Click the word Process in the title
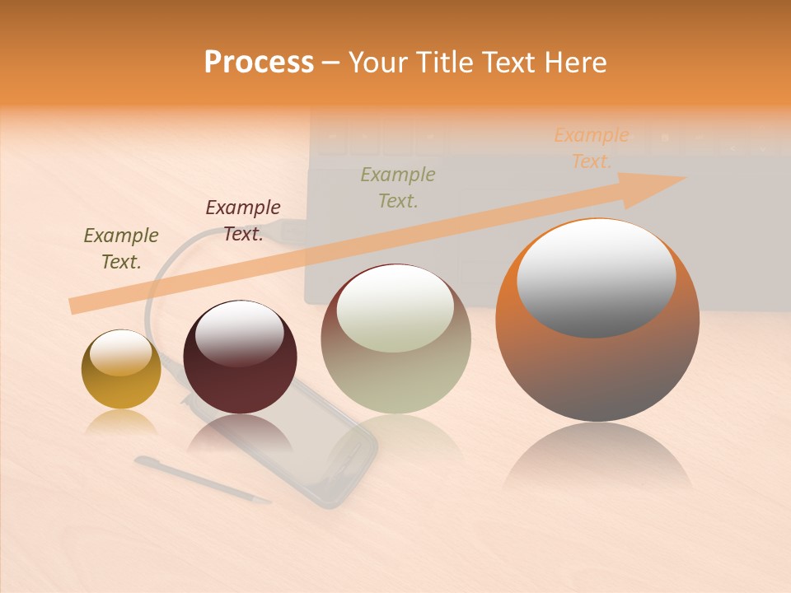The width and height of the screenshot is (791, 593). (x=259, y=62)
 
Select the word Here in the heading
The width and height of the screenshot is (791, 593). (x=573, y=62)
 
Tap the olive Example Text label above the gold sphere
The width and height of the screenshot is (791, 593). (x=121, y=249)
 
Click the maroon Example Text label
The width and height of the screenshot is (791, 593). (x=242, y=221)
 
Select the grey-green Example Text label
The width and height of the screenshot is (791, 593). (x=398, y=188)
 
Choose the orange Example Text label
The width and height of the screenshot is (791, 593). (x=591, y=148)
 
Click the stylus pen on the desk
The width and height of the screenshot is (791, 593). (x=202, y=479)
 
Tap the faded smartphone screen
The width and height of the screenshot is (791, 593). (x=325, y=445)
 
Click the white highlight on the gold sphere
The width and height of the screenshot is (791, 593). (x=120, y=353)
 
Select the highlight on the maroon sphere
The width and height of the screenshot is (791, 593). (x=240, y=333)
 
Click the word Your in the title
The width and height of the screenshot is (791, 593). (x=378, y=62)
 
